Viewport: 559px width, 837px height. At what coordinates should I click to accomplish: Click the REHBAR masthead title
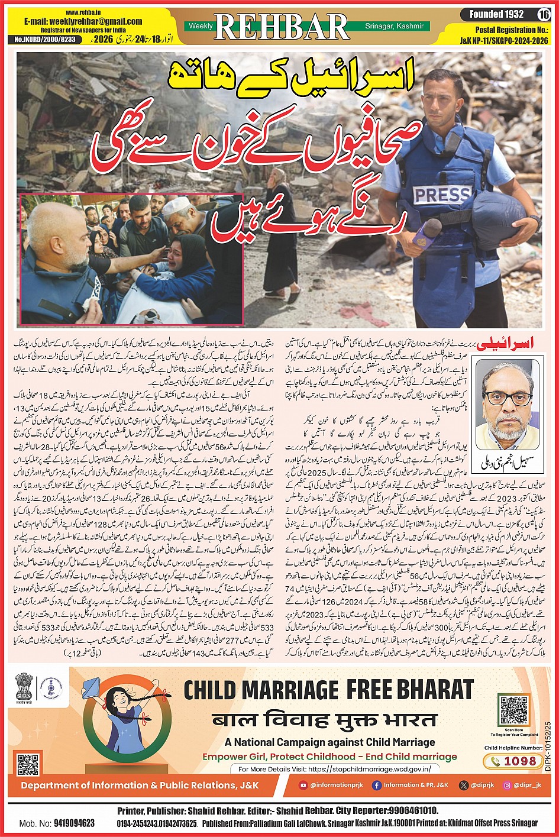[x=282, y=27]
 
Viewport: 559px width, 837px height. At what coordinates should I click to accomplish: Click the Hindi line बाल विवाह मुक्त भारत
[x=325, y=720]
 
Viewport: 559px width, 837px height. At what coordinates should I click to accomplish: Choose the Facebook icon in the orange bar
[x=376, y=785]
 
